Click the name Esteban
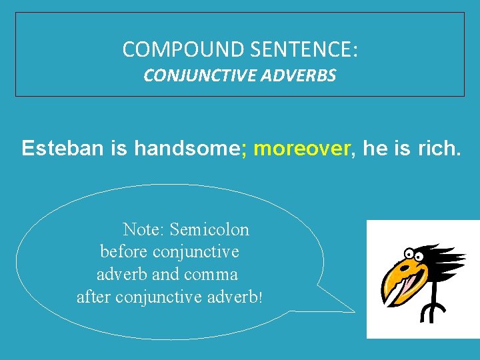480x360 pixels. [x=63, y=148]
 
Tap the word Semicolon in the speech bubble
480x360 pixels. [x=209, y=230]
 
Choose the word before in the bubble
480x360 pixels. [x=124, y=252]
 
